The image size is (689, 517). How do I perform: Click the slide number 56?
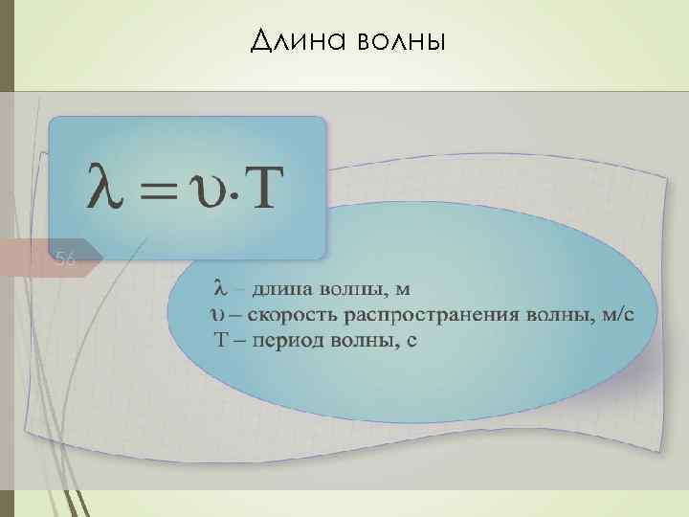(x=65, y=258)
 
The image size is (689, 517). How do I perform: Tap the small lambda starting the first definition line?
(x=218, y=287)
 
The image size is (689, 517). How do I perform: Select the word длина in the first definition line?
(x=278, y=288)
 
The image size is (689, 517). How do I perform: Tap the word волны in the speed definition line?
(x=552, y=316)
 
